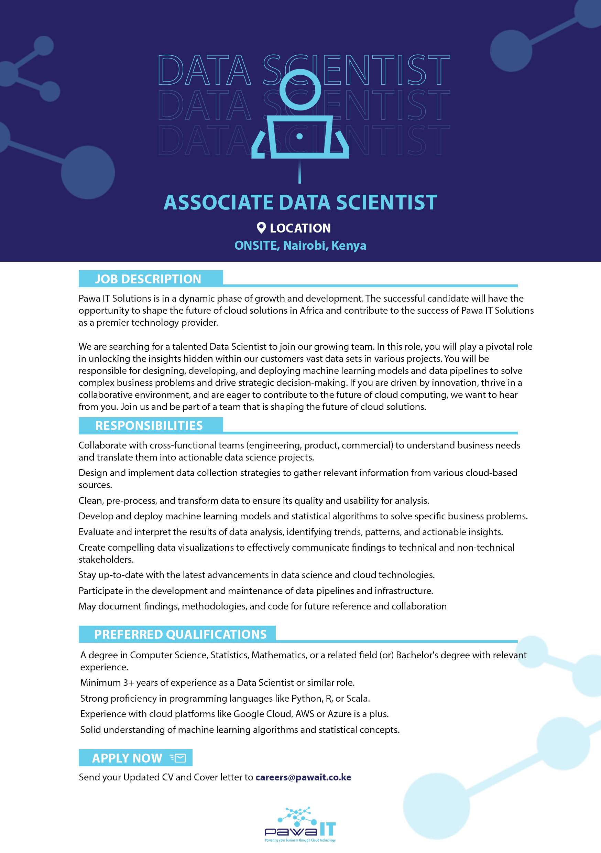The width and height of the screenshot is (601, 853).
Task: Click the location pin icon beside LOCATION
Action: (x=261, y=228)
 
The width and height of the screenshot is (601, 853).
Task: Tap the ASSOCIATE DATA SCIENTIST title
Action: (x=300, y=202)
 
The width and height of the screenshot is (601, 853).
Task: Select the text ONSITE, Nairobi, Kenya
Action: (x=300, y=246)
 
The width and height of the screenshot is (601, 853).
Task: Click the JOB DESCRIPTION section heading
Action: (x=148, y=279)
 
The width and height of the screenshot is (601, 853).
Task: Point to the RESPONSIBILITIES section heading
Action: (x=149, y=425)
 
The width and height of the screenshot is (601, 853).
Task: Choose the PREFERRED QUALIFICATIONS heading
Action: (x=180, y=634)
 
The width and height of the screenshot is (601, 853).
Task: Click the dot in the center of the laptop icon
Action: (x=299, y=136)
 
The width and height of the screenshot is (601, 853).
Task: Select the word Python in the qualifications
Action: (x=306, y=699)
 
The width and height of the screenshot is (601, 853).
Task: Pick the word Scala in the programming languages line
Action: (x=357, y=699)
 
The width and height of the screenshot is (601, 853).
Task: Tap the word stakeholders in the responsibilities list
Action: (x=106, y=560)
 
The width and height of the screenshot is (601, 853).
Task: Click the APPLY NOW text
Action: (x=127, y=758)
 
